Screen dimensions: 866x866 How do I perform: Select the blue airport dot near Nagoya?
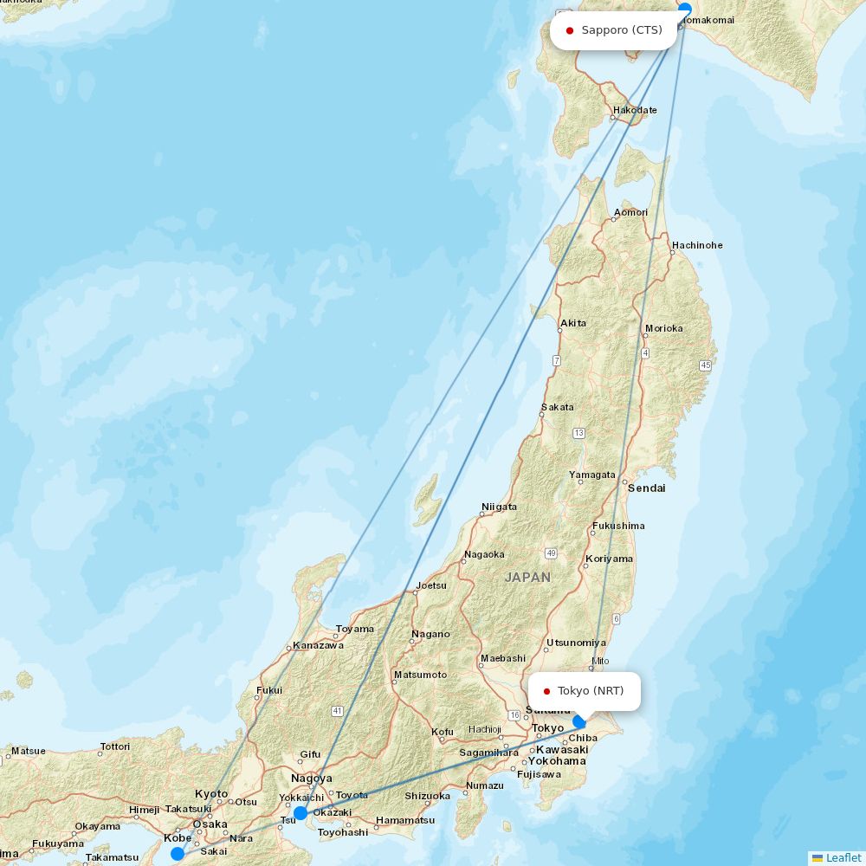point(300,812)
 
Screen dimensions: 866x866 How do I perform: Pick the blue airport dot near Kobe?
point(178,853)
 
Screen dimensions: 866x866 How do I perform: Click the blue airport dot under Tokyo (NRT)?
point(579,721)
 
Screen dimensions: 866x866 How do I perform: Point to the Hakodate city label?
point(635,110)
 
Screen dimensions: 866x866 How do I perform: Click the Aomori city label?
point(630,212)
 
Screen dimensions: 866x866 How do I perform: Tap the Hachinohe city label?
point(697,245)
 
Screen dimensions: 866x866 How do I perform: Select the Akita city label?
point(573,323)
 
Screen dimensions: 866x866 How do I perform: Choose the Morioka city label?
point(664,328)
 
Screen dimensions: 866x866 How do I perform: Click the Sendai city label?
point(647,488)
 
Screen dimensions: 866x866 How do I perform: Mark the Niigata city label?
point(499,507)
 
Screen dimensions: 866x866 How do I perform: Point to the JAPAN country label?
point(527,577)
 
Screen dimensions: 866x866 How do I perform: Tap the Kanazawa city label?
point(318,645)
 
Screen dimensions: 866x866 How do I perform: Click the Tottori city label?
point(115,746)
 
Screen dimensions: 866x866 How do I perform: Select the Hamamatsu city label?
point(405,820)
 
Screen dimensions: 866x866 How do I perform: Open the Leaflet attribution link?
point(843,857)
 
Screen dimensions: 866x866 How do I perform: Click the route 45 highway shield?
point(706,365)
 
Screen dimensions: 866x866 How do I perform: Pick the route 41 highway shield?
point(337,711)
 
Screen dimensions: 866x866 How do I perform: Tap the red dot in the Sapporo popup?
point(570,30)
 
